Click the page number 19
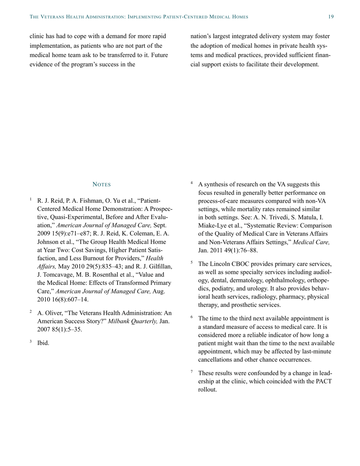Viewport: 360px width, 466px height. [331, 17]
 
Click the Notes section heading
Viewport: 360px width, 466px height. [102, 185]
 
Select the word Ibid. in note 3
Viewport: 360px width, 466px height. [43, 343]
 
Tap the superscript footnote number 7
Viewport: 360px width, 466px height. [192, 372]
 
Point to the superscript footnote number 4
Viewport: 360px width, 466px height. [192, 183]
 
